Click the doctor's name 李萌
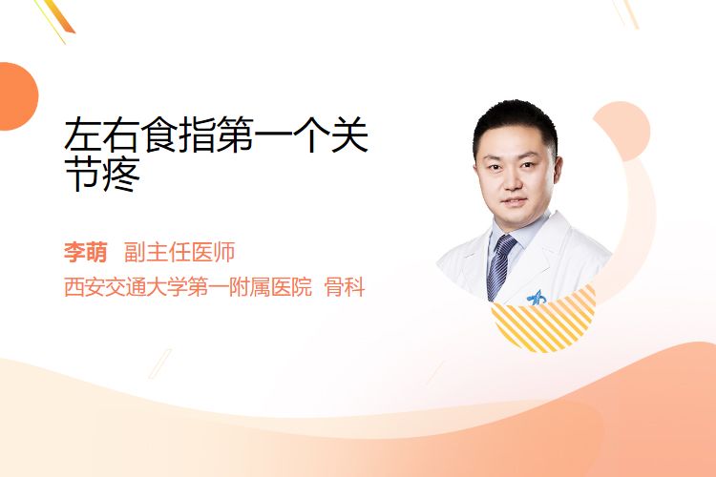tap(85, 252)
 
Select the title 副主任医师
tap(179, 252)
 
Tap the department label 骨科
tap(345, 287)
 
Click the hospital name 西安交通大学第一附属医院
tap(188, 287)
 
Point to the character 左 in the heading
tap(82, 135)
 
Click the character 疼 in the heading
tap(120, 174)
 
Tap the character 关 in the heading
tap(349, 135)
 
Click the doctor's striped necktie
tap(499, 266)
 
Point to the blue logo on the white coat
tap(537, 298)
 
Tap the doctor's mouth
tap(515, 201)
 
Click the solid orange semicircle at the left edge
tap(17, 96)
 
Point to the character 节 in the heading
tap(83, 174)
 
